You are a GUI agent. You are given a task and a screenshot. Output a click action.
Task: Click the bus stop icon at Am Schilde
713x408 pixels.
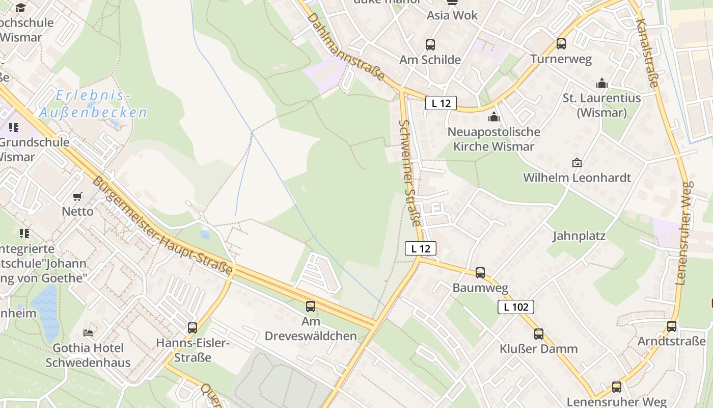(x=430, y=45)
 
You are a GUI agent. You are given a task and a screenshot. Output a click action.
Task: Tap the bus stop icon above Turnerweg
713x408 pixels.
(x=561, y=44)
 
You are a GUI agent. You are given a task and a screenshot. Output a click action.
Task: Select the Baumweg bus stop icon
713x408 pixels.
(x=480, y=273)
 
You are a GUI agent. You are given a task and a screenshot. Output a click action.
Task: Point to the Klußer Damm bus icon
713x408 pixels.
(x=539, y=334)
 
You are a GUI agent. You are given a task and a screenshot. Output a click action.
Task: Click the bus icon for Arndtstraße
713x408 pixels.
(x=672, y=326)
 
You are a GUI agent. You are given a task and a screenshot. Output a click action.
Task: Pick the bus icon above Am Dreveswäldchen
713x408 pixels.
(x=311, y=307)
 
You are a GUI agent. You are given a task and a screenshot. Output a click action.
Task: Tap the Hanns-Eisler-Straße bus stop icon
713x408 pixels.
(x=193, y=328)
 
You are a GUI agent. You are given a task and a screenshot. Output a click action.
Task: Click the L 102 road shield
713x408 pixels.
(x=516, y=307)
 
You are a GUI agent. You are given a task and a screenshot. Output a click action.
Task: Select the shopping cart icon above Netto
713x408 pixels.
(x=77, y=196)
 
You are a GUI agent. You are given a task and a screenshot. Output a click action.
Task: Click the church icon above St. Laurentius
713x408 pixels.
(x=602, y=83)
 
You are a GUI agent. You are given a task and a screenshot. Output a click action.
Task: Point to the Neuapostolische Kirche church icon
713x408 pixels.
(x=493, y=117)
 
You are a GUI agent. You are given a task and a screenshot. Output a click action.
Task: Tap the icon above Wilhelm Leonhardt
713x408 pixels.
(x=577, y=163)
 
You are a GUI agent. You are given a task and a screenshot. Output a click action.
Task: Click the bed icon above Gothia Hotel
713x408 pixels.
(x=88, y=333)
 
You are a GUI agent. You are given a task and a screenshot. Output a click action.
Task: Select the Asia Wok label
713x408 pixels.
(x=452, y=15)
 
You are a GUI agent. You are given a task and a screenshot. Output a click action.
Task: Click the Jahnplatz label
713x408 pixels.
(x=579, y=236)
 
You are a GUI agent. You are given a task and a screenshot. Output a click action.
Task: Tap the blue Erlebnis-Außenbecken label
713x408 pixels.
(x=93, y=104)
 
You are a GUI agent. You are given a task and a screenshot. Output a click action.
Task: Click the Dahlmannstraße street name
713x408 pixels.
(x=346, y=46)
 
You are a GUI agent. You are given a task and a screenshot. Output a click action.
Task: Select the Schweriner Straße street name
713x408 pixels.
(x=411, y=173)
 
